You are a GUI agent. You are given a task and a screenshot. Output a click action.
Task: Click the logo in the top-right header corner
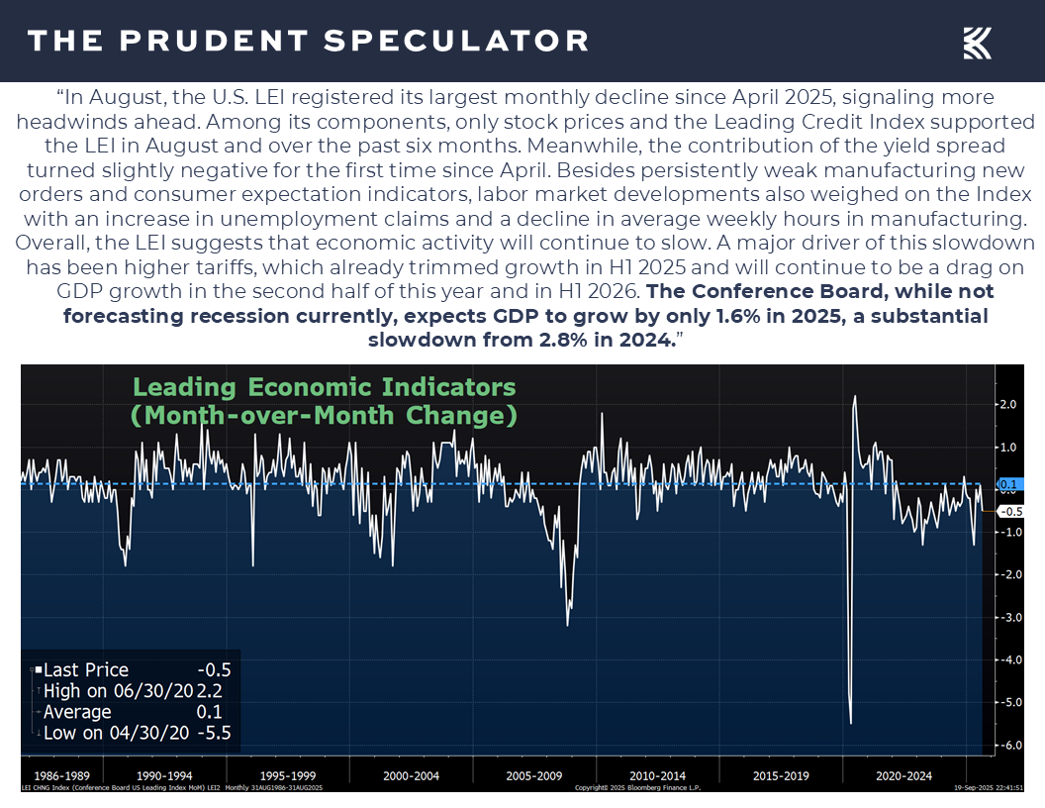pyautogui.click(x=978, y=43)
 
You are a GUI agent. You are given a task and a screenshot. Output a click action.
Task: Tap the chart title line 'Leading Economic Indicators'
pyautogui.click(x=325, y=387)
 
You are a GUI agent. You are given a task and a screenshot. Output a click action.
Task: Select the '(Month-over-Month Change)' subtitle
pyautogui.click(x=325, y=415)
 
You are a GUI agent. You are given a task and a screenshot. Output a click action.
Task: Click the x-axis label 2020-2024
pyautogui.click(x=903, y=775)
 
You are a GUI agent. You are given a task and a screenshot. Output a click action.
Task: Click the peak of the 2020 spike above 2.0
pyautogui.click(x=855, y=397)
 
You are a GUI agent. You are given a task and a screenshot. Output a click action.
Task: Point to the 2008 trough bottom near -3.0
pyautogui.click(x=567, y=625)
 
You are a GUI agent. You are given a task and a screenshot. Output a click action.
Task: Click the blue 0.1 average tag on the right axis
pyautogui.click(x=1008, y=485)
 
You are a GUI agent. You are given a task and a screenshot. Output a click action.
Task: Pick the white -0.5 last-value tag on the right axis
pyautogui.click(x=1008, y=512)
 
